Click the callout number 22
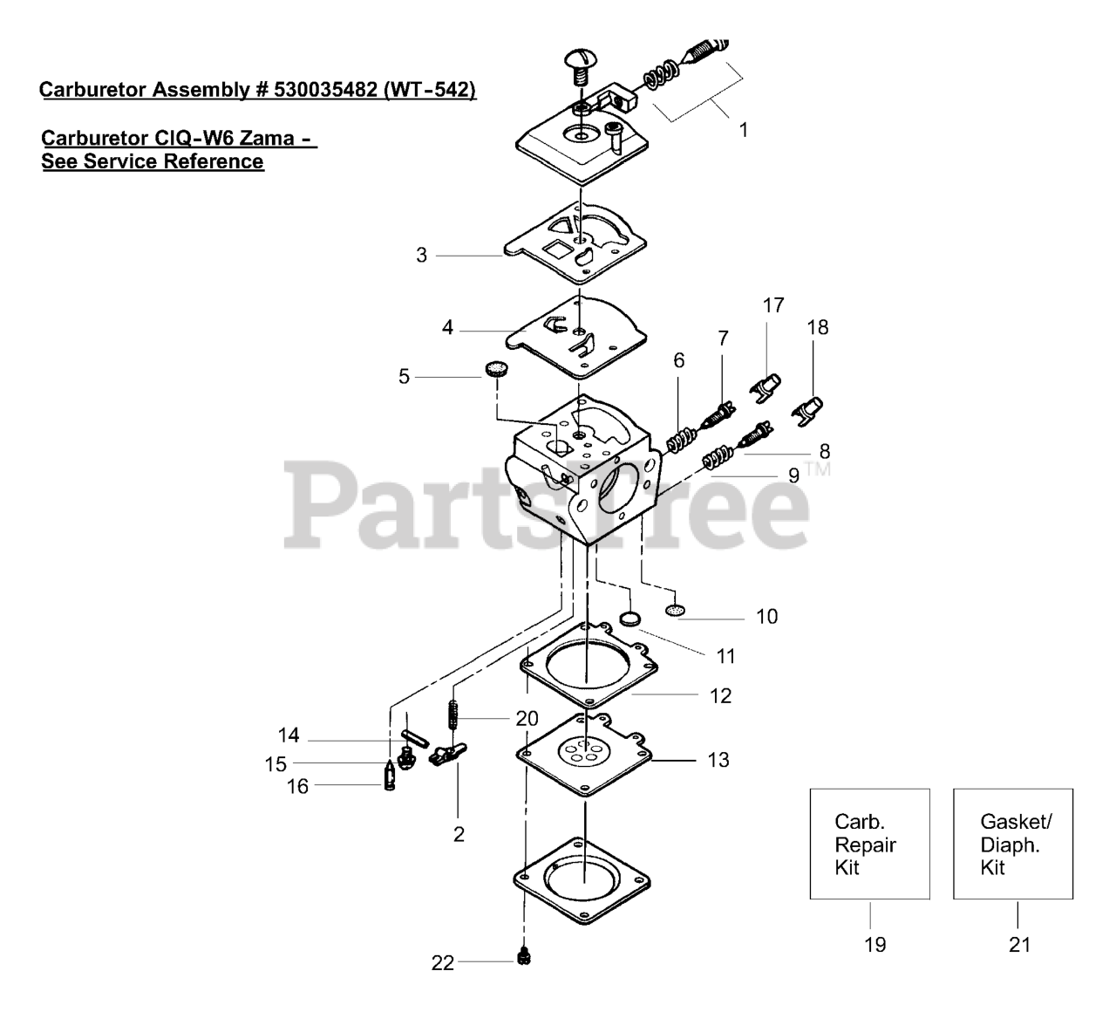tap(443, 963)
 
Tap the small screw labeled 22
tap(524, 958)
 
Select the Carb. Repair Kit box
tap(869, 844)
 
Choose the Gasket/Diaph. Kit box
tap(1012, 844)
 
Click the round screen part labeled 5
tap(497, 368)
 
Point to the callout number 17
tap(773, 305)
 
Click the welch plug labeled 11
tap(629, 619)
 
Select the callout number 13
tap(718, 760)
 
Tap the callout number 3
tap(421, 256)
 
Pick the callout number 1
tap(743, 130)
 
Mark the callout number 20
tap(527, 719)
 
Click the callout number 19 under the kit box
tap(874, 944)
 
